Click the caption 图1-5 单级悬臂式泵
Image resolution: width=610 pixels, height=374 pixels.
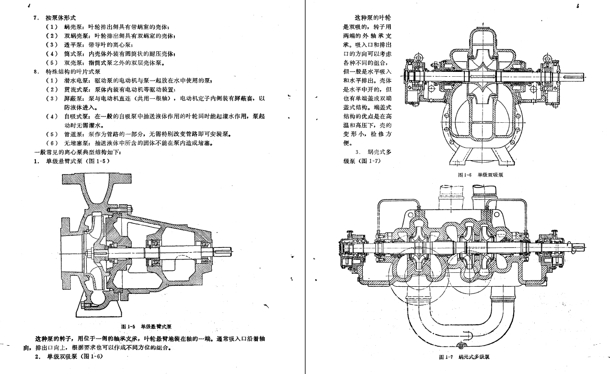click(x=147, y=327)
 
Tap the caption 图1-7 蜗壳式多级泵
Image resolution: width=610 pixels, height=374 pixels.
click(x=463, y=357)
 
